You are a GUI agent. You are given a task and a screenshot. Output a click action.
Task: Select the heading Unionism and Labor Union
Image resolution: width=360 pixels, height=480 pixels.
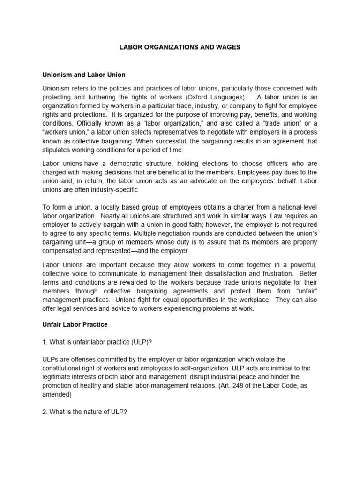click(84, 75)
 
